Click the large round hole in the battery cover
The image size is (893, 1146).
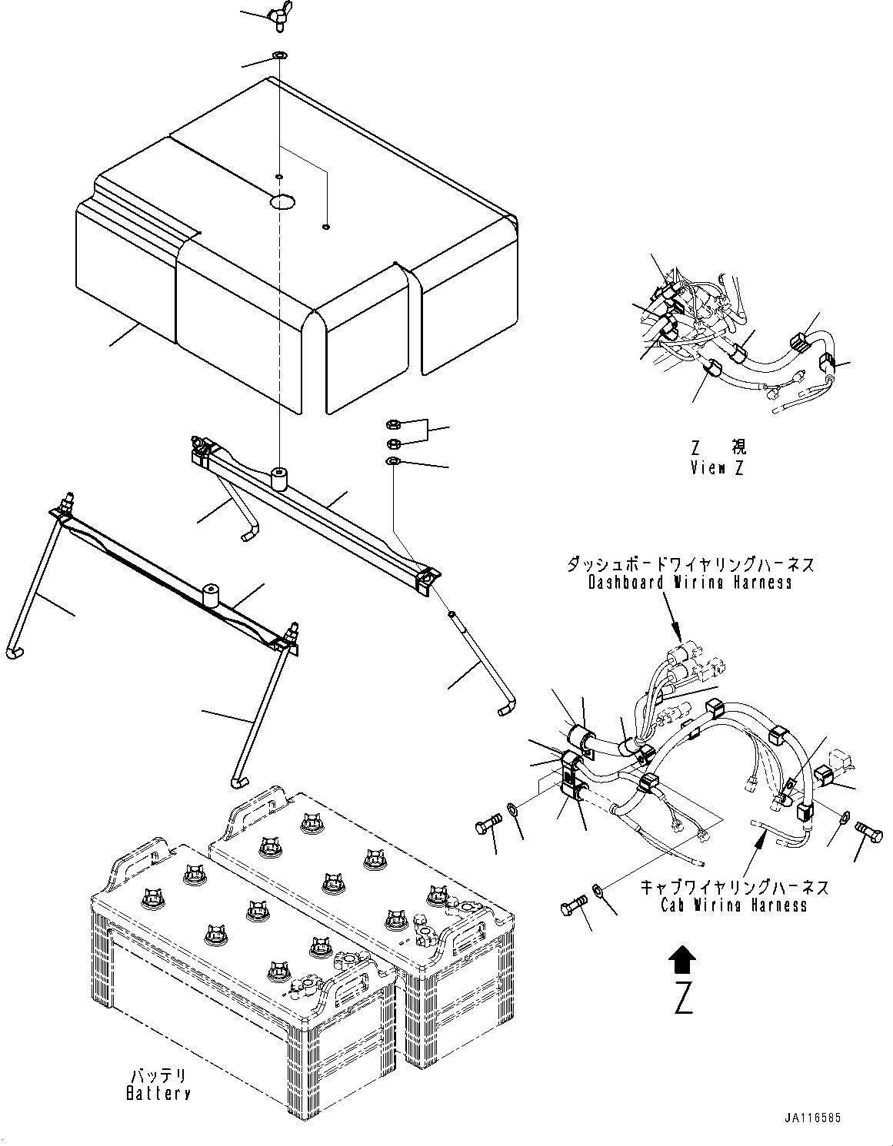point(282,202)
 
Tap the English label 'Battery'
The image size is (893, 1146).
point(158,1092)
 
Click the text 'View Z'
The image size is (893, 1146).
point(717,467)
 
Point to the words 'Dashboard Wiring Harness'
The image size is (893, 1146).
point(690,582)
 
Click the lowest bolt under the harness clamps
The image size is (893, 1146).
point(574,908)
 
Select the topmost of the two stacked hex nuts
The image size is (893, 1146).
point(392,423)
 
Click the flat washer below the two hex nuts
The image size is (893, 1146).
point(392,460)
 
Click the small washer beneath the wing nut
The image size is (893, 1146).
point(279,56)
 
